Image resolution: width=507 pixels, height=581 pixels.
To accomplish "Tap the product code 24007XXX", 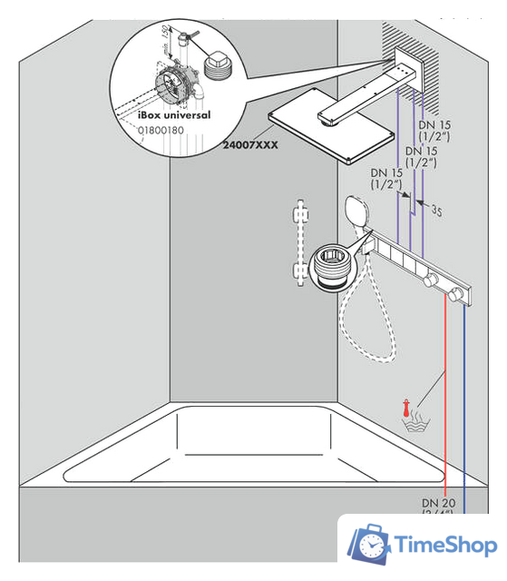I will pos(251,143).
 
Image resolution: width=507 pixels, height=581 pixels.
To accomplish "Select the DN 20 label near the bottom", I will pos(438,501).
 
